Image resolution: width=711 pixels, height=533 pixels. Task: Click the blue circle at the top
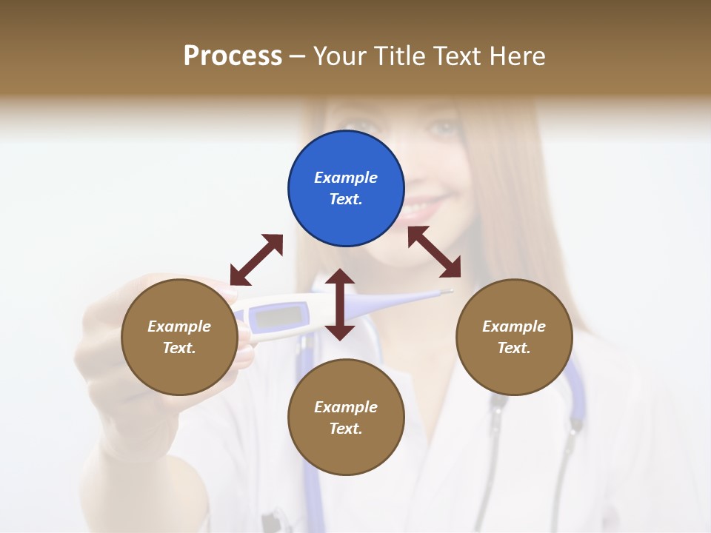[x=346, y=189]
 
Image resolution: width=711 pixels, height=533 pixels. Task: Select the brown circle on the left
[x=179, y=337]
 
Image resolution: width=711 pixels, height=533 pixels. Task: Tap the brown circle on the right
[x=514, y=337]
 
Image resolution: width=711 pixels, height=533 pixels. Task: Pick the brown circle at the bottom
[x=346, y=418]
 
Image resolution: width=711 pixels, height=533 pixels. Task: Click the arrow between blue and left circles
[x=256, y=260]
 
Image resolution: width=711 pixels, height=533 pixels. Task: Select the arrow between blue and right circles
[x=434, y=251]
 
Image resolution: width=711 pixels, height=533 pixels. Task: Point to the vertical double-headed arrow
[x=340, y=304]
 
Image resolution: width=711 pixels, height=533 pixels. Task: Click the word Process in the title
[x=233, y=56]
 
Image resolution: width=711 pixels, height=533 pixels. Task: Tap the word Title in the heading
[x=401, y=56]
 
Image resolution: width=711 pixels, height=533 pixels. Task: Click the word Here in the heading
[x=518, y=56]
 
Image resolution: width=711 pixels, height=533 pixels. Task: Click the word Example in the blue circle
[x=346, y=178]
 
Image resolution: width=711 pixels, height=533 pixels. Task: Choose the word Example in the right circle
[x=514, y=326]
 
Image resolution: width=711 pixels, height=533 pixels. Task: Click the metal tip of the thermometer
[x=446, y=292]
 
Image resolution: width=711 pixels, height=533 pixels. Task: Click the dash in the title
[x=298, y=56]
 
